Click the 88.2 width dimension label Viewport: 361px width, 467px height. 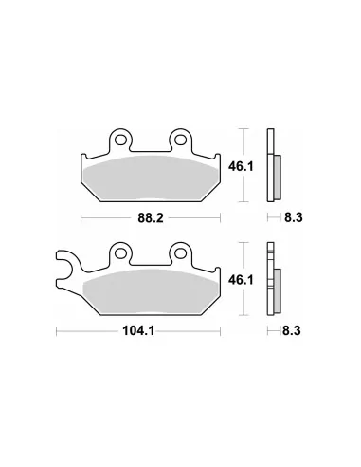point(151,217)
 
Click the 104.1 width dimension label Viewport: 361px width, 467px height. point(138,331)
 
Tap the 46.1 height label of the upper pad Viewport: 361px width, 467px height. point(241,166)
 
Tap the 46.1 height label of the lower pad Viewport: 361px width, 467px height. point(241,280)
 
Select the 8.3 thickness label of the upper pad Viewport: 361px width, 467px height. point(294,217)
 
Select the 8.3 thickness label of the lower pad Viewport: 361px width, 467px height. point(292,331)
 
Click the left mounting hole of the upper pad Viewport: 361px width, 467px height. point(120,140)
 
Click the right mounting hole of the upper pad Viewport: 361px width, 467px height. point(180,140)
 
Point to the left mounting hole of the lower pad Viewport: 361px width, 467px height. point(120,253)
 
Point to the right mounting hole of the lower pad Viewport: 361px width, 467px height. point(180,253)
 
